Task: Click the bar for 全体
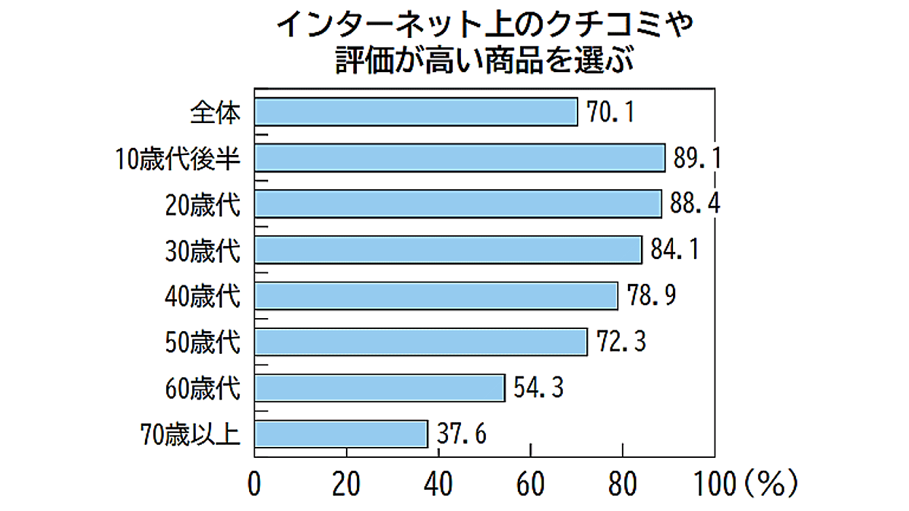[416, 112]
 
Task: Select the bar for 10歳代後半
[460, 158]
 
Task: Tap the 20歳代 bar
[458, 204]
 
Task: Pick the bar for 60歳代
[379, 388]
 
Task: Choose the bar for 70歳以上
[342, 434]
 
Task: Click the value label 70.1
[610, 112]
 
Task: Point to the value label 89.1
[697, 158]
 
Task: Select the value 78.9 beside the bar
[651, 295]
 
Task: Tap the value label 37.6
[461, 434]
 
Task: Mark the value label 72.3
[621, 341]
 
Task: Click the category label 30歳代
[202, 250]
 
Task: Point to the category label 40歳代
[202, 296]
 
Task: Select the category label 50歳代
[202, 343]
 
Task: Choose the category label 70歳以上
[190, 435]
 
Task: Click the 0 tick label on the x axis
[254, 484]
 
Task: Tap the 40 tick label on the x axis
[438, 484]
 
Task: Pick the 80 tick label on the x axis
[622, 484]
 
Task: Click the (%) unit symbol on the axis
[771, 483]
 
